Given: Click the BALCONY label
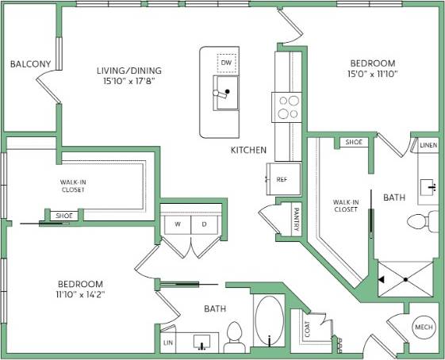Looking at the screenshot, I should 31,64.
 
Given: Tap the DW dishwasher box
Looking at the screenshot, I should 227,62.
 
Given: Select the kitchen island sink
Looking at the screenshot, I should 226,92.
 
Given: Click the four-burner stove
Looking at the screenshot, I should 287,106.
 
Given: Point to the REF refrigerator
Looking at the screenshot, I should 282,179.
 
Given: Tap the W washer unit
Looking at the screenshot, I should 177,224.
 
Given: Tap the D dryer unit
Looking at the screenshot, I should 204,224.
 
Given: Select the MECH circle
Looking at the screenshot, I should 422,327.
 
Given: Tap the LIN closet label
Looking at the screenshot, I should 167,342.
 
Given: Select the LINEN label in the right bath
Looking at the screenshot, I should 428,146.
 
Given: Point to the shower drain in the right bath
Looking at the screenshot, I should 405,280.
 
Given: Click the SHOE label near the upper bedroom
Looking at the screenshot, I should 354,143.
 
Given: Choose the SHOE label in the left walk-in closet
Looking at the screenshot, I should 61,216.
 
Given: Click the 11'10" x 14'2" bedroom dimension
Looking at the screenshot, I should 80,294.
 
